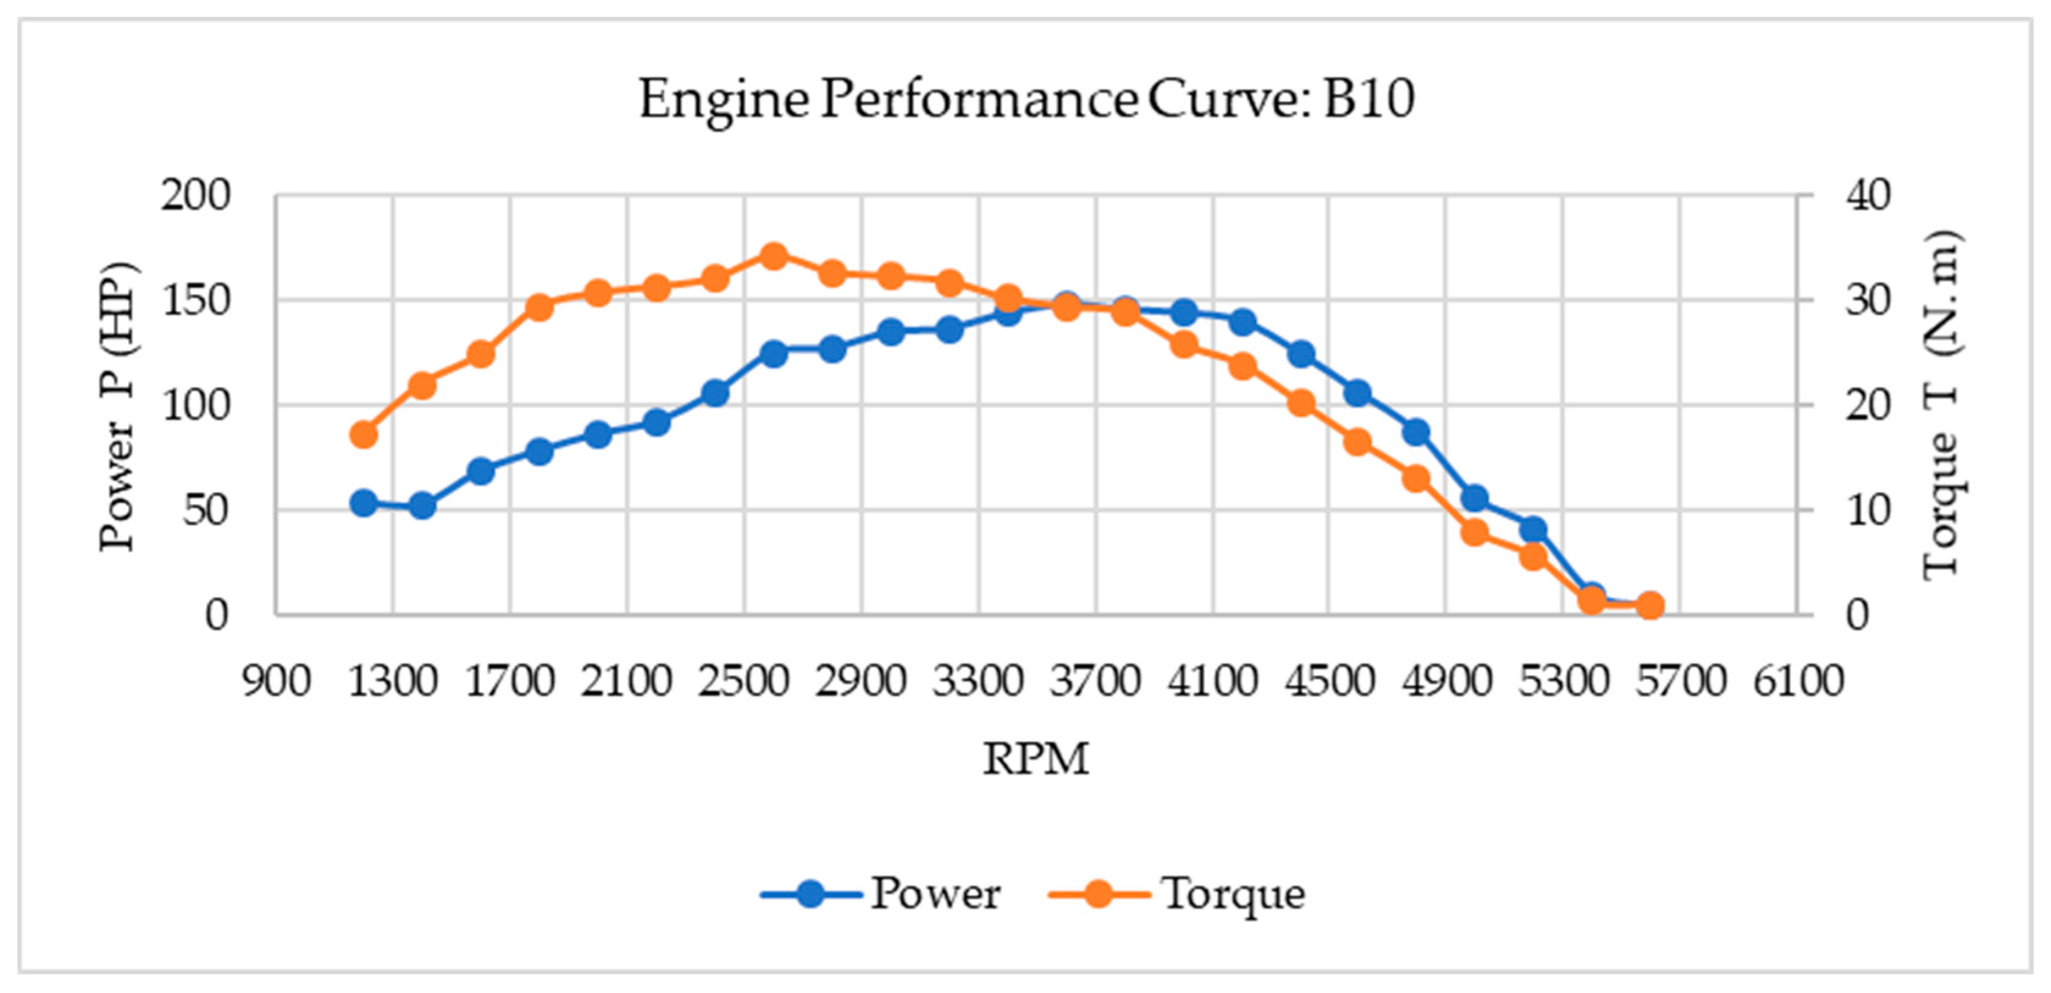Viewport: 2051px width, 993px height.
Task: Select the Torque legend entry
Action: point(1178,894)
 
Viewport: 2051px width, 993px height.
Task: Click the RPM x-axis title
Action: point(1035,758)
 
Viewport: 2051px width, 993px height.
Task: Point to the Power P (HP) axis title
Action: point(118,406)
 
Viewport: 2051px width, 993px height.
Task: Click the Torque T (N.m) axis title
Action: point(1941,406)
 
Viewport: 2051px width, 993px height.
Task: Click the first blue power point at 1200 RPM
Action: point(364,502)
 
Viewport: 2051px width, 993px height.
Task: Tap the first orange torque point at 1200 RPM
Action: point(364,435)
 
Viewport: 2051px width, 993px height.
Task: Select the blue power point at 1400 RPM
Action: point(423,506)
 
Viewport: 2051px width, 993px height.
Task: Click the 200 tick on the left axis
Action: point(196,195)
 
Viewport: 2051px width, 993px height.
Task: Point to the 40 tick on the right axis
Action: point(1868,195)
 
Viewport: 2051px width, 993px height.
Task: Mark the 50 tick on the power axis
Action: point(206,510)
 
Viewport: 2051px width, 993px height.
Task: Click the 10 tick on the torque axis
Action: point(1868,510)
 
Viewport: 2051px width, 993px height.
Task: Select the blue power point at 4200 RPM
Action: point(1243,322)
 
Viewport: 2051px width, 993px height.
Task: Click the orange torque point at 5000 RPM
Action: point(1474,532)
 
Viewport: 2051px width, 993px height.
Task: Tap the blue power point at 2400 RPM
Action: point(715,392)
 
